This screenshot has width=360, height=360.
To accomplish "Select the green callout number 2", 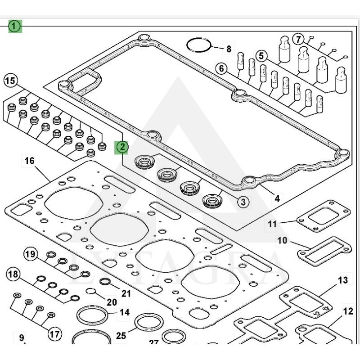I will point(122,147).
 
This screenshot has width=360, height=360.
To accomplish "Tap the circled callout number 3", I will point(243,202).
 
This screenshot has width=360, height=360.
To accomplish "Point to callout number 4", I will point(277,198).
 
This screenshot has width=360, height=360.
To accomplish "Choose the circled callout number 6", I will point(221,69).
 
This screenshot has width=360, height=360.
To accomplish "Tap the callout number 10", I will point(282,241).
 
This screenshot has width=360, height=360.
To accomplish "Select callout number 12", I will point(348,310).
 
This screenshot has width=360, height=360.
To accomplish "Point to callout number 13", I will point(343,280).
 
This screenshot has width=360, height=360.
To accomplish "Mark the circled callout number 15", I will point(10,81).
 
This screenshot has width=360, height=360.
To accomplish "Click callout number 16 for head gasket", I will point(29,161).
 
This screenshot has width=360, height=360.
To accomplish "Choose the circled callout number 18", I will point(13,274).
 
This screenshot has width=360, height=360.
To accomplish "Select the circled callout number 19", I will point(30,254).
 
